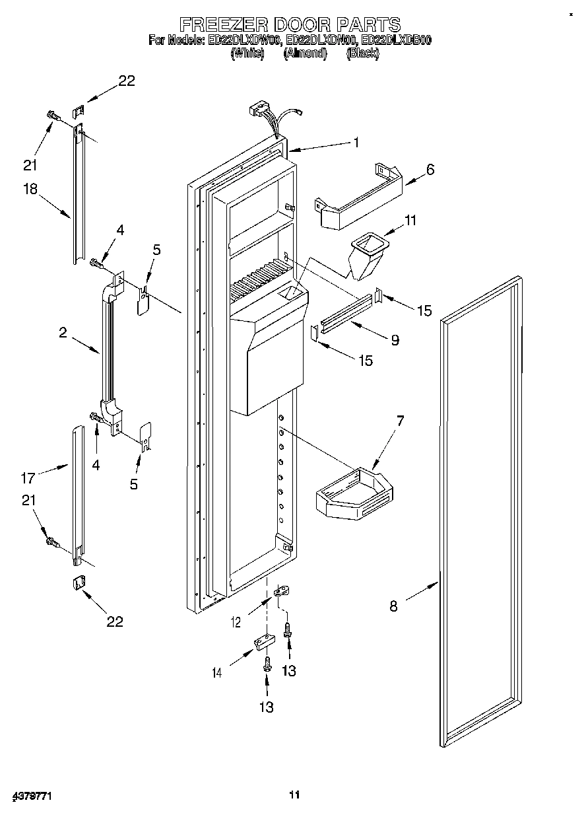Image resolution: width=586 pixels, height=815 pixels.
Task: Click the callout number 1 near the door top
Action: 356,142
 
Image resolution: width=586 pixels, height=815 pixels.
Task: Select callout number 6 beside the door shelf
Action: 430,169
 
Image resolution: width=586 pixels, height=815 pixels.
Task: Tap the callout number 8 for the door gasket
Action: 393,606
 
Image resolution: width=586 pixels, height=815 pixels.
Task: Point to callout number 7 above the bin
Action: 400,421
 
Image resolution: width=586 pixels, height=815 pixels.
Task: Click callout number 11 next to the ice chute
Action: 410,220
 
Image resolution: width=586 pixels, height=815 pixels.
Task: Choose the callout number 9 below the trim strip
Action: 395,340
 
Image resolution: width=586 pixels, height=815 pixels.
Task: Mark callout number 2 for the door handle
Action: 63,334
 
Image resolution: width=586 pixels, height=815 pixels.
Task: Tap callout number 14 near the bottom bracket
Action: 217,674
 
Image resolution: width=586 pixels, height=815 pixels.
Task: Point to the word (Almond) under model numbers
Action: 305,54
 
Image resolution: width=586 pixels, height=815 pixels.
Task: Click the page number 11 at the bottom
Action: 294,795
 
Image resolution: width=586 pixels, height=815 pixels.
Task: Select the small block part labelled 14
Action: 263,642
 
